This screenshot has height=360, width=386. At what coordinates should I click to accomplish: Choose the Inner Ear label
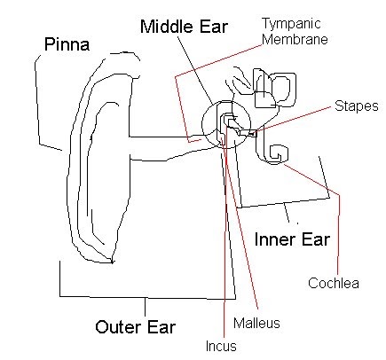(x=292, y=239)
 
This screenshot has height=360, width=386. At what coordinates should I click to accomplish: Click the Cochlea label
(x=333, y=283)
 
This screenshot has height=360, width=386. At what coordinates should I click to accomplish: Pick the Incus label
(x=222, y=346)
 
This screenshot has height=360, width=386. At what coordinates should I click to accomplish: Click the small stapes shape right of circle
(x=249, y=133)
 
